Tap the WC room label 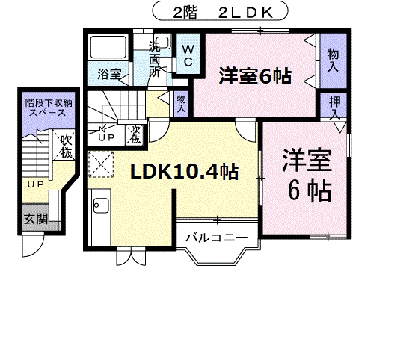[x=187, y=57]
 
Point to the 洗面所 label [x=155, y=59]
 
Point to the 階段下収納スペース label [x=46, y=109]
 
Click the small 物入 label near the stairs [x=182, y=102]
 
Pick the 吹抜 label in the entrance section [x=66, y=146]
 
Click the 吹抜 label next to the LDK [x=135, y=135]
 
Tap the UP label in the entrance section [x=34, y=184]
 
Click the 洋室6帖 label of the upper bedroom [x=255, y=76]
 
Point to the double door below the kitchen [x=129, y=257]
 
